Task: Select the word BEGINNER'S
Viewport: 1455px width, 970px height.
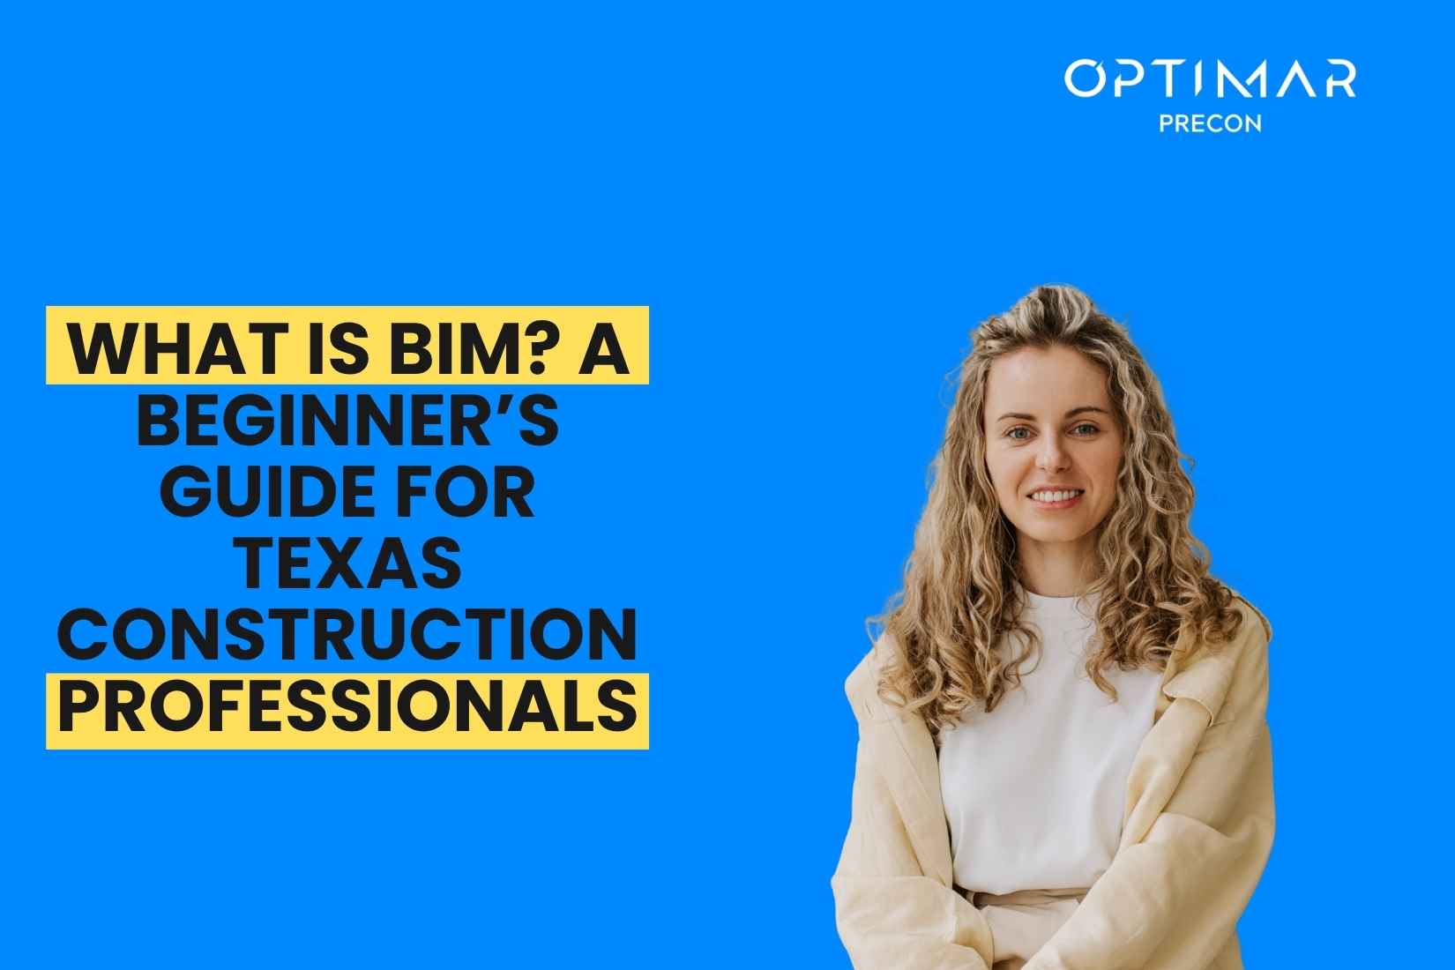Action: (347, 420)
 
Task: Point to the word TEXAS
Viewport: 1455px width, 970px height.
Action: (347, 564)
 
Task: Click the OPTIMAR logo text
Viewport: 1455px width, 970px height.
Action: (1209, 79)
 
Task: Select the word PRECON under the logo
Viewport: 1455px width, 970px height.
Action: (1210, 123)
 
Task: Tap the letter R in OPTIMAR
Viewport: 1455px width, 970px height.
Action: (1338, 79)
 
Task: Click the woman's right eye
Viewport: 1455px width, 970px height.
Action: (1018, 434)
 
